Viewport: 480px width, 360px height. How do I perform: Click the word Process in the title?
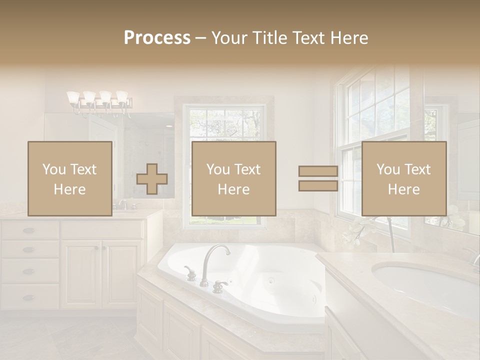157,38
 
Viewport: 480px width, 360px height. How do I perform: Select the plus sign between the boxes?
152,179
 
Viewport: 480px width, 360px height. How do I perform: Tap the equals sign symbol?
318,179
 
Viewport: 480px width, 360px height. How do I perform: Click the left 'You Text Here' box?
69,178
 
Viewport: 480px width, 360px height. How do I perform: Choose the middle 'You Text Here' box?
233,178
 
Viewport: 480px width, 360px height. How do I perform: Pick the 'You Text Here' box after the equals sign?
403,178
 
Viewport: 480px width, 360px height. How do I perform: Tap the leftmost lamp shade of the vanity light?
73,96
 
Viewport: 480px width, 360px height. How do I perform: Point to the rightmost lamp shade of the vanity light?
122,96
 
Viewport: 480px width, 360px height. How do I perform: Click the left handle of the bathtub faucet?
190,273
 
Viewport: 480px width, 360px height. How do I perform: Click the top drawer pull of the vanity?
29,230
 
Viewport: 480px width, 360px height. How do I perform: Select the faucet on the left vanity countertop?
122,204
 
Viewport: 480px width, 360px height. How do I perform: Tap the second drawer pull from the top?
29,249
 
